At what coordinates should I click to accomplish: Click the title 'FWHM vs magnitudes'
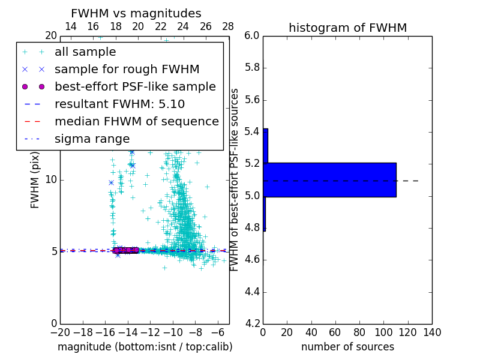(x=136, y=13)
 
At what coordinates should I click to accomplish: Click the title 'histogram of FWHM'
(x=347, y=28)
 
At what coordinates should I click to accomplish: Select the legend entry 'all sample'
(x=85, y=52)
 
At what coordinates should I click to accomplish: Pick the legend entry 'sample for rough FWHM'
(x=127, y=69)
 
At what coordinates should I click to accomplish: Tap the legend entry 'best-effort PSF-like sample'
(x=135, y=86)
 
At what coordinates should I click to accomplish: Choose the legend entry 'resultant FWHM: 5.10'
(x=119, y=104)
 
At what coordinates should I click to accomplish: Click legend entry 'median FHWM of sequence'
(x=136, y=121)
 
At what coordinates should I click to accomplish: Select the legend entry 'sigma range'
(x=92, y=139)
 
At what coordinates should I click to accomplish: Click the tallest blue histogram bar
(x=329, y=179)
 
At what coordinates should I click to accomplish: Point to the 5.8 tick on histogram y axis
(x=252, y=68)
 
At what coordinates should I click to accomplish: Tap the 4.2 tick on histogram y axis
(x=252, y=324)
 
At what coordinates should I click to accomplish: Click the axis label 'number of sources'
(x=347, y=347)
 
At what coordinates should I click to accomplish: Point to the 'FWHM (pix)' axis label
(x=35, y=179)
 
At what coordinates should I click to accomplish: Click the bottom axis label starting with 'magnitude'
(x=145, y=347)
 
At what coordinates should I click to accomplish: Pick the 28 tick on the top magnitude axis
(x=228, y=26)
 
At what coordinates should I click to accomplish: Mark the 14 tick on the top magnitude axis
(x=70, y=26)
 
